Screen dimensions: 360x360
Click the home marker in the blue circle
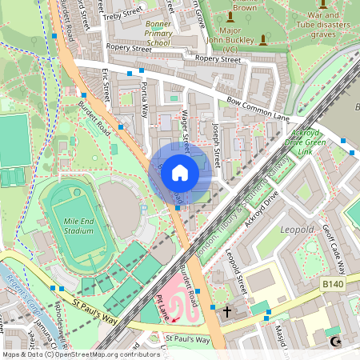click(x=180, y=172)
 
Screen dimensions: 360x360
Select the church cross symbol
click(x=226, y=310)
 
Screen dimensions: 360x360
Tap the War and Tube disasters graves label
click(x=322, y=24)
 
